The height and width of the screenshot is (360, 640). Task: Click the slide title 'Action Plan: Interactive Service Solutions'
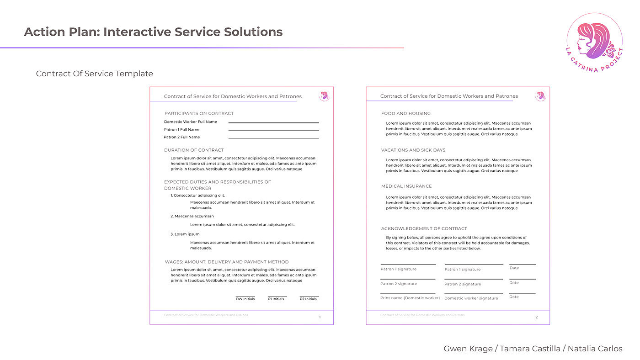pos(153,32)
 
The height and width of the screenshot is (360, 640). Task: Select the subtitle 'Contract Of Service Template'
pos(95,74)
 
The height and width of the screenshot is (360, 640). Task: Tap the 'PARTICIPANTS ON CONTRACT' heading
pos(199,113)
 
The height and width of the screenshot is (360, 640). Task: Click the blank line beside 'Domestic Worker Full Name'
pos(273,122)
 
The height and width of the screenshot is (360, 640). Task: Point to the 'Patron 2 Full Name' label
pos(182,137)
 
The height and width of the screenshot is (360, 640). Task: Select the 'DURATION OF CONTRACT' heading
pos(194,150)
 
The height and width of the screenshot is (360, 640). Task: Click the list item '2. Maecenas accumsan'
pos(192,216)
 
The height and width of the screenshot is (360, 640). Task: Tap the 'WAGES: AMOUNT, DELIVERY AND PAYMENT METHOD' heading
pos(227,262)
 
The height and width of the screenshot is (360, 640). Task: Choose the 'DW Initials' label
pos(245,299)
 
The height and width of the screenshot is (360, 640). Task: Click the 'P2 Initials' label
pos(308,299)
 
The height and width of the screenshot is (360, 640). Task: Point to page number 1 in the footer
pos(320,317)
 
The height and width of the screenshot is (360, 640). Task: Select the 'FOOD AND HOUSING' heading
pos(406,113)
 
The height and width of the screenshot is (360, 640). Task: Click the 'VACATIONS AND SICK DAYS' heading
pos(413,150)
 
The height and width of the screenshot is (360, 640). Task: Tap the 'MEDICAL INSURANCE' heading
pos(406,186)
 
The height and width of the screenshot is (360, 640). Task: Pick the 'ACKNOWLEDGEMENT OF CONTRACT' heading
pos(424,228)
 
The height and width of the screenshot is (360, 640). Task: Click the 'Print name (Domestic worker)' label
pos(410,298)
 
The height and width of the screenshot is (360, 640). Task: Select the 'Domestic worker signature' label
pos(471,298)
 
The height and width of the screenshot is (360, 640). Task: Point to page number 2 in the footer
pos(536,317)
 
